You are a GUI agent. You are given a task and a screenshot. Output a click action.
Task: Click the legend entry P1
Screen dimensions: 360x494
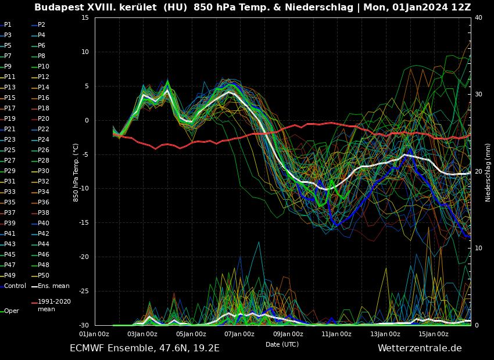click(8, 25)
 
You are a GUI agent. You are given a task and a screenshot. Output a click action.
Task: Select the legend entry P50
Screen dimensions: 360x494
click(44, 276)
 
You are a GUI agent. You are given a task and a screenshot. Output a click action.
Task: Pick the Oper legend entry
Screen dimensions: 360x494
click(12, 311)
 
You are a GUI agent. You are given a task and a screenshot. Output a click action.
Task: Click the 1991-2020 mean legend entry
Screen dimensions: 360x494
click(54, 305)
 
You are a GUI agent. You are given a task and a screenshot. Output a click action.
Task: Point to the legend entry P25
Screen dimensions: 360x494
click(10, 150)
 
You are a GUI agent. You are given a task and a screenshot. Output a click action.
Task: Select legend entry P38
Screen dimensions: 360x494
click(44, 213)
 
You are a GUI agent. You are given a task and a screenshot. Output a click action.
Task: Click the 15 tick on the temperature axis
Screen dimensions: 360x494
click(85, 17)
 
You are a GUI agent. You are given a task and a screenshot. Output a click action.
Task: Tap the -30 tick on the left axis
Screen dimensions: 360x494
click(83, 325)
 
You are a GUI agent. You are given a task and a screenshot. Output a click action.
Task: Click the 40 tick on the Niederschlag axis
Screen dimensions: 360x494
click(478, 17)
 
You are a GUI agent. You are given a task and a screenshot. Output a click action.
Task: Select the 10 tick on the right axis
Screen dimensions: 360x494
click(478, 248)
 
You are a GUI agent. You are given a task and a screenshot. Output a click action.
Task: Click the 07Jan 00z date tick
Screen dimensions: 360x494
click(239, 334)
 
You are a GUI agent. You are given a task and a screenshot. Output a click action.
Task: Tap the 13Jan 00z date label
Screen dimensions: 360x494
click(385, 334)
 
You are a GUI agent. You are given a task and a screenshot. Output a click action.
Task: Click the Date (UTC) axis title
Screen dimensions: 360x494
click(282, 344)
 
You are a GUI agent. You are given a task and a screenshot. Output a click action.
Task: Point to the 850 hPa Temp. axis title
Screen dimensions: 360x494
click(76, 172)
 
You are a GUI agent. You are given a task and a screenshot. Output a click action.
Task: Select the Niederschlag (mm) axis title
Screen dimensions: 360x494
click(488, 172)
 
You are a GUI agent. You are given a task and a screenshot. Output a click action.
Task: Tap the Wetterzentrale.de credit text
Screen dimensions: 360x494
click(420, 348)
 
